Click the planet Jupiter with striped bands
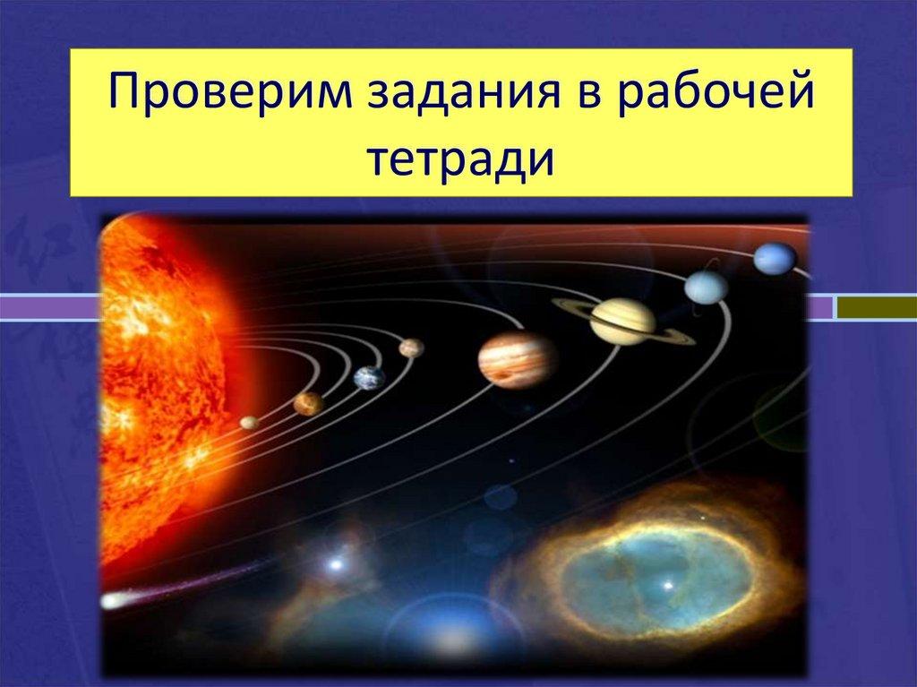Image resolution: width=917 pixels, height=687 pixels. pos(517,359)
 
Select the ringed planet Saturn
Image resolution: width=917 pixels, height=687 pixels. pos(622,321)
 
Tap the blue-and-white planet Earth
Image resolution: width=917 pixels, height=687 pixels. pos(369,378)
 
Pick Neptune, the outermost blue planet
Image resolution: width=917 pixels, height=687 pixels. pos(774,258)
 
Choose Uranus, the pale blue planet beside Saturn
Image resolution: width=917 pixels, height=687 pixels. pos(707,287)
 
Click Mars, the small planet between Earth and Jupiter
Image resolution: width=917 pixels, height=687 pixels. pos(411,348)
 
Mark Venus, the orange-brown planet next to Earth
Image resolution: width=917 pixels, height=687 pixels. pos(307,404)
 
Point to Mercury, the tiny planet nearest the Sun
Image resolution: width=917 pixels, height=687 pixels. pos(249,422)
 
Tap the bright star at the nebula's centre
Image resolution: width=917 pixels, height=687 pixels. pos(667,585)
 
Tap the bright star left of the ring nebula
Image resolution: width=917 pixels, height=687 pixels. pos(336,564)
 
